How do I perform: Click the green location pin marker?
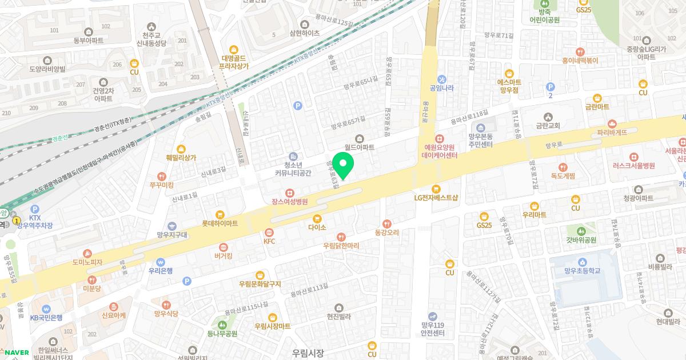(343, 165)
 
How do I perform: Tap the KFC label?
(269, 242)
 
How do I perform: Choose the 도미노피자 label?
(87, 262)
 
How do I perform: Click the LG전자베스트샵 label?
(436, 198)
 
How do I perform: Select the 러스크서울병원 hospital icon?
(633, 157)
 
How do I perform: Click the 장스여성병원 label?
(290, 202)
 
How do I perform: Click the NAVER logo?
(15, 352)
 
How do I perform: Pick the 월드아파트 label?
(359, 147)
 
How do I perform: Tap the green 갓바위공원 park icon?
(581, 231)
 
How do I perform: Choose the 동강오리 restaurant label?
(386, 233)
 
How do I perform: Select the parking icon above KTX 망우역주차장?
(35, 210)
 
